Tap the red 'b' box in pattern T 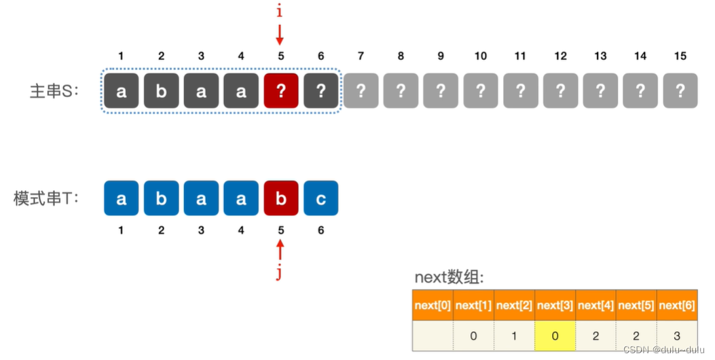coord(281,198)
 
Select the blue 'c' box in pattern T coord(321,198)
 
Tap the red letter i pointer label coord(279,12)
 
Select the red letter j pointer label coord(280,273)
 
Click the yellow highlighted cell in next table coord(555,336)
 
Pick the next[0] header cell coord(433,306)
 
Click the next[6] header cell coord(677,306)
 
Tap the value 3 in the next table coord(677,336)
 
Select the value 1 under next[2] coord(514,336)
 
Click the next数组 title coord(448,278)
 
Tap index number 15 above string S coord(680,56)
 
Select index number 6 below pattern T coord(321,230)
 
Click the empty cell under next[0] coord(433,336)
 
